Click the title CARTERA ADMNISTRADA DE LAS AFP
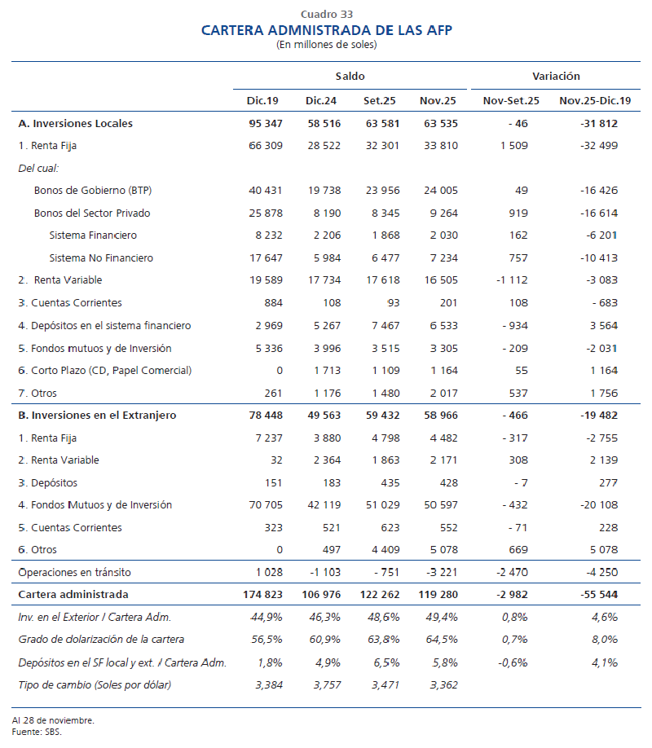pos(326,30)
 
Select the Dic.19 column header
pos(262,100)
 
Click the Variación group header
pos(556,76)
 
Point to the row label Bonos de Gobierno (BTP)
pos(93,191)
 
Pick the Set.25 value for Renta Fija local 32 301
pos(379,146)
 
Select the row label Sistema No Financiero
pos(101,258)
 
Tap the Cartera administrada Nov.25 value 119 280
pos(438,595)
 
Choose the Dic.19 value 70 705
pos(263,505)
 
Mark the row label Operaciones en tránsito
pos(74,572)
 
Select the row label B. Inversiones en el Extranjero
pos(97,416)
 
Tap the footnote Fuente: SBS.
pos(37,731)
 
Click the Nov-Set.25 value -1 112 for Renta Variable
pos(506,280)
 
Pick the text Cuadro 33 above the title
pos(326,14)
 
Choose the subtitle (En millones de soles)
pos(326,44)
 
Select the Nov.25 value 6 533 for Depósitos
pos(440,326)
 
